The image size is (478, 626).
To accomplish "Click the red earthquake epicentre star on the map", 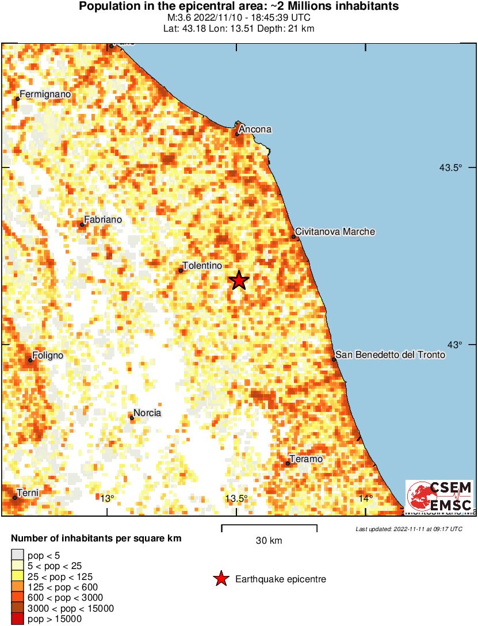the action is (239, 280).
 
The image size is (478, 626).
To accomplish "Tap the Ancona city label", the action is (255, 129).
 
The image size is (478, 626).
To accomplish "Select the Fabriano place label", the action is (103, 219).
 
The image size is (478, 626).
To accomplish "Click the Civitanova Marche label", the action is (335, 232).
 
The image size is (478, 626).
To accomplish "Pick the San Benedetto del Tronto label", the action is (390, 355).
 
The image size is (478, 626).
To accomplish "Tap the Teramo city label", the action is (305, 459).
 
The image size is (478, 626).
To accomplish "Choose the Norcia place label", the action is (147, 413).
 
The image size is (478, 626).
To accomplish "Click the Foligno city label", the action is (48, 356).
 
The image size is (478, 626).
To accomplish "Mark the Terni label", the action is (28, 493).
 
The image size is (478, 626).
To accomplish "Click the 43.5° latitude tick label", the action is (451, 168).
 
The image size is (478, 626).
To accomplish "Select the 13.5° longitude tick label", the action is (236, 498).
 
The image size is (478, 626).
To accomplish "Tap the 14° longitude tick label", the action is (366, 498).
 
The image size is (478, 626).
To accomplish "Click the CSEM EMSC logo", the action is (439, 496).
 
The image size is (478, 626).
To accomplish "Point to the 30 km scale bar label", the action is (269, 541).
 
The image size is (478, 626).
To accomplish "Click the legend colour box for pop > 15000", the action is (17, 619).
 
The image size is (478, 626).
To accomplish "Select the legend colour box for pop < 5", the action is (17, 555).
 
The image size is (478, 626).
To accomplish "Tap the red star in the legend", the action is (220, 579).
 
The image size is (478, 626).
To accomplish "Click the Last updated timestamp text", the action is (408, 529).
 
